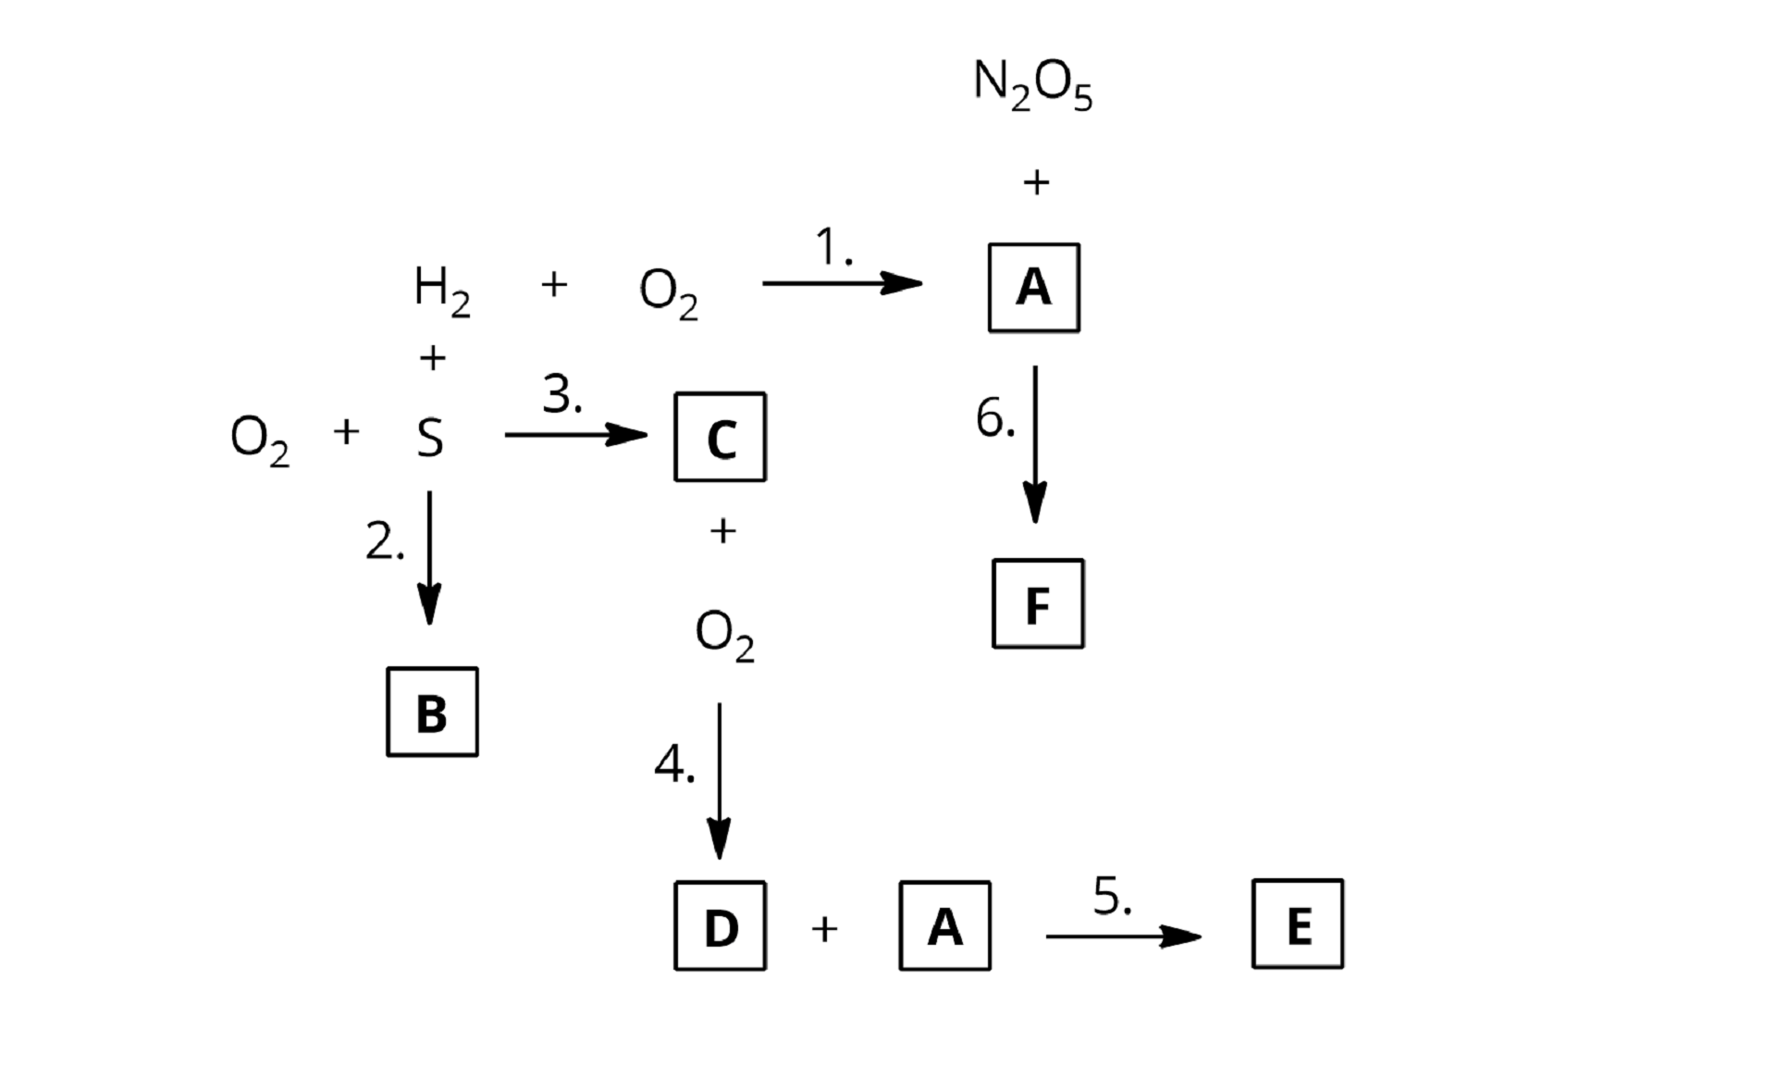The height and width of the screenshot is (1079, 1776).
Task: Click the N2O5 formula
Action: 1032,84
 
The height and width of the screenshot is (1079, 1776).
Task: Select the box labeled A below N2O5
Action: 1033,288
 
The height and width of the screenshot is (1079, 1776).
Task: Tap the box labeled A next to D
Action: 944,925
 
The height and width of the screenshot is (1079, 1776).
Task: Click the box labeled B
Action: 432,712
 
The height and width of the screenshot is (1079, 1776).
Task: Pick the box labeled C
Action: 720,437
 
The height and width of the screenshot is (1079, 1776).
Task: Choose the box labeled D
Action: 720,925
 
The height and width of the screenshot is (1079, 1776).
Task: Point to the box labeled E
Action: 1297,924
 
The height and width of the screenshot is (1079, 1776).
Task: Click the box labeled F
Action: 1037,603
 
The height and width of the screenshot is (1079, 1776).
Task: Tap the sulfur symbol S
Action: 429,438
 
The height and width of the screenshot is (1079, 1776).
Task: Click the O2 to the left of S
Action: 259,440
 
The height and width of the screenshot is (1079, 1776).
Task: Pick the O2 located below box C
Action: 724,636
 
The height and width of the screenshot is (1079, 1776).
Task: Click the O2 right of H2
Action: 668,292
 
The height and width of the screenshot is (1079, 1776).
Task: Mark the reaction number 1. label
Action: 833,248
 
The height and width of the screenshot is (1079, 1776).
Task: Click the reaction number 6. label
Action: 995,418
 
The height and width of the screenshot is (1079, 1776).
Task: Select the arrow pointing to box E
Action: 1123,936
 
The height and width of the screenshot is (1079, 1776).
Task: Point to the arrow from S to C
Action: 575,434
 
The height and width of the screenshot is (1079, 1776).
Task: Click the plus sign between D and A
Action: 824,928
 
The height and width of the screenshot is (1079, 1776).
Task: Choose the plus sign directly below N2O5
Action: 1036,182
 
